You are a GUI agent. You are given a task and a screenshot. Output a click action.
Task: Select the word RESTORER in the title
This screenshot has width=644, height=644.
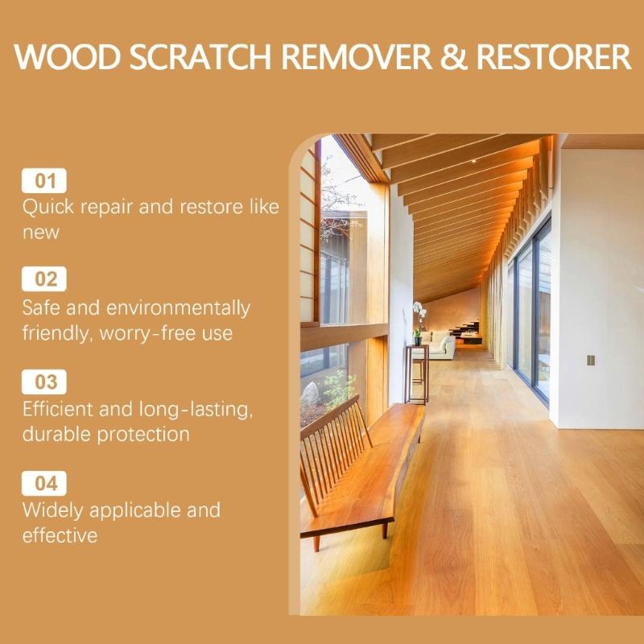(x=554, y=59)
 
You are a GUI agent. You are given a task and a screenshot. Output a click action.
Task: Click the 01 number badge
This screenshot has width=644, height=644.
(x=45, y=180)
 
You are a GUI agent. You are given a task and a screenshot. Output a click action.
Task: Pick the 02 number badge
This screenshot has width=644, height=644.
(x=45, y=279)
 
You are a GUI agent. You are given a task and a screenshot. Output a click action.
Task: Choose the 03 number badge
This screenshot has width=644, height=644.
(x=45, y=382)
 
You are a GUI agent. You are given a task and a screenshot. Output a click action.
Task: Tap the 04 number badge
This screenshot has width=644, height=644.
(x=45, y=483)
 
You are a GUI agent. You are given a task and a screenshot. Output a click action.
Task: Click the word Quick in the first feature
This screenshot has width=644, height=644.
(x=47, y=207)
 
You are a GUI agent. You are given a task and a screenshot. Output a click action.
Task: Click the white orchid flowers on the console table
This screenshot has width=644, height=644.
(x=418, y=310)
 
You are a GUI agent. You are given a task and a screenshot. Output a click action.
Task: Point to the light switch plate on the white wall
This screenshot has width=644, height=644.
(x=591, y=360)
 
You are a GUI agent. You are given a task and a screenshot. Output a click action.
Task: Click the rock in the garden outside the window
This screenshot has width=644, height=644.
(x=311, y=394)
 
